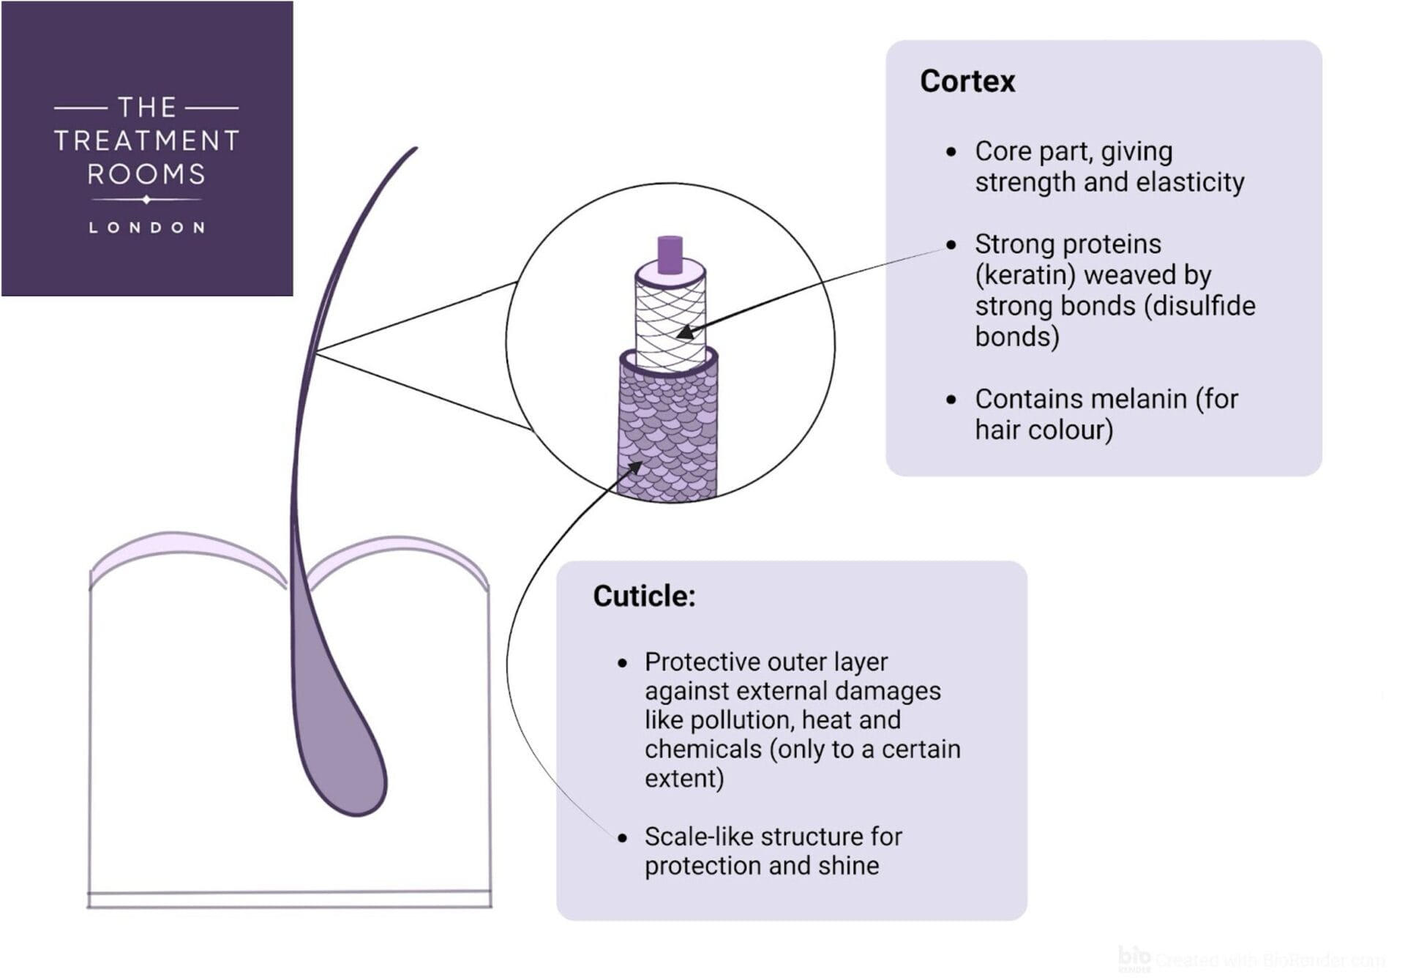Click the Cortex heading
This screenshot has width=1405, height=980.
967,81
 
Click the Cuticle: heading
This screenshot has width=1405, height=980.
644,596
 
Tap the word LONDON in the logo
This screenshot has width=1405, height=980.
146,228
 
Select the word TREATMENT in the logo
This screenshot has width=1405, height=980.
146,141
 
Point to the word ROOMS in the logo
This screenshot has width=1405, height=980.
146,174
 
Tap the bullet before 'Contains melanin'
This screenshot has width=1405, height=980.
951,400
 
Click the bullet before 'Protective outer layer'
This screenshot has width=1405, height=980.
622,663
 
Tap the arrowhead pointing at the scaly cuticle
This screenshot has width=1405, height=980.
634,467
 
